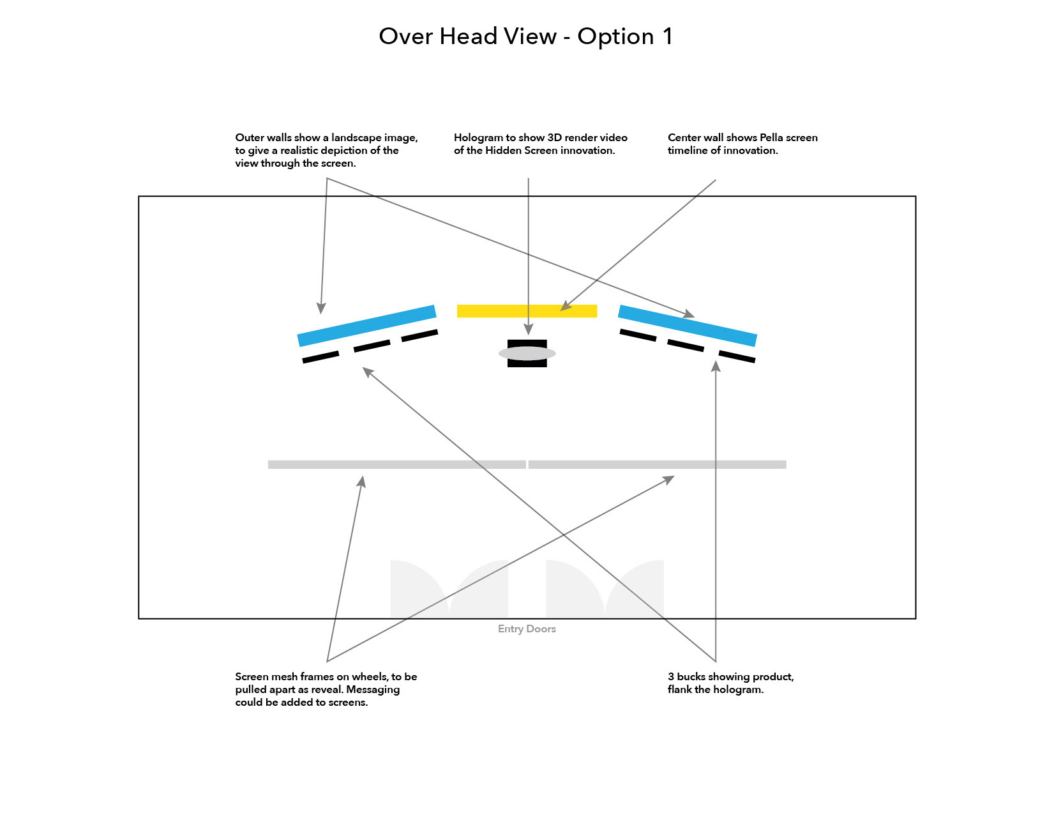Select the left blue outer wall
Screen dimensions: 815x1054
pyautogui.click(x=367, y=326)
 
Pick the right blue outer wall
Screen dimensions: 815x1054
pyautogui.click(x=688, y=326)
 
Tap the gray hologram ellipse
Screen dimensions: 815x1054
pyautogui.click(x=527, y=353)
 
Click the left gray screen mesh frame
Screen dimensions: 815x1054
pyautogui.click(x=396, y=465)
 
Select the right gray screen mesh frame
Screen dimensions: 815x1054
pyautogui.click(x=658, y=465)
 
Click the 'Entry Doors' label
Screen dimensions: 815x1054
pyautogui.click(x=527, y=629)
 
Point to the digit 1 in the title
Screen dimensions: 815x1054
pyautogui.click(x=668, y=36)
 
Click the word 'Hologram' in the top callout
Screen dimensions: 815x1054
pyautogui.click(x=478, y=138)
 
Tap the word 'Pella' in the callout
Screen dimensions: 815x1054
pyautogui.click(x=771, y=138)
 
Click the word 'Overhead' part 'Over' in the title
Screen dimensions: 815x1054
pyautogui.click(x=406, y=36)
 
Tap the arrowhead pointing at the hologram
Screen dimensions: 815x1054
pyautogui.click(x=528, y=330)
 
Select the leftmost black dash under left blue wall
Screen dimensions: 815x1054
pyautogui.click(x=320, y=357)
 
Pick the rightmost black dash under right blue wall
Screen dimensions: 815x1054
pyautogui.click(x=737, y=357)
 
